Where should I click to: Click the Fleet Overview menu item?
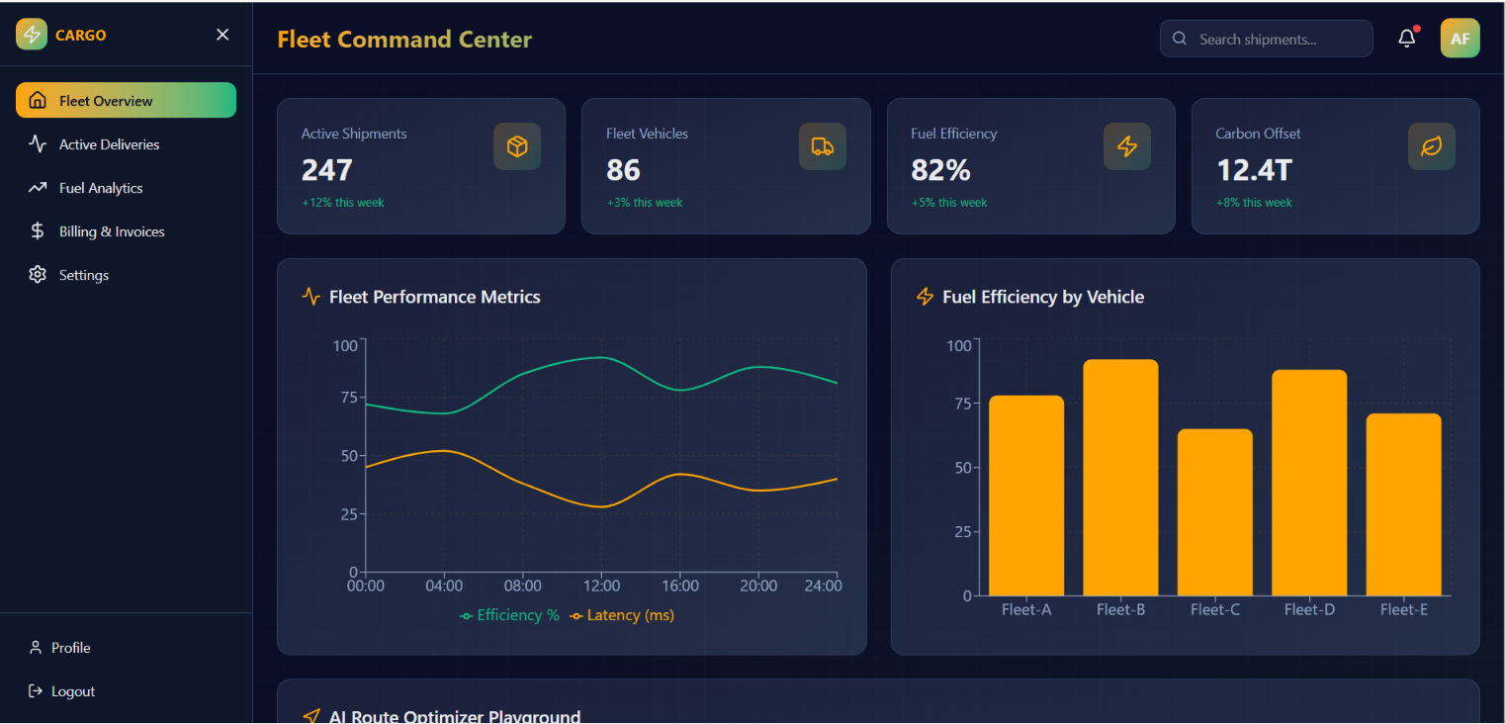[x=126, y=100]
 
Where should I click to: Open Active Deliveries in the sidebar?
[x=109, y=144]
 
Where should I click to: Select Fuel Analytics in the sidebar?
[x=101, y=188]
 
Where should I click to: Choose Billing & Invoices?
[x=112, y=231]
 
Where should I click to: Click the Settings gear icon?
[x=38, y=274]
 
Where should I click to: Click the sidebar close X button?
[x=222, y=35]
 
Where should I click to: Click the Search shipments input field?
[x=1266, y=39]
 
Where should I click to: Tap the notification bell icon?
[x=1407, y=39]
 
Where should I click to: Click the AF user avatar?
[x=1460, y=39]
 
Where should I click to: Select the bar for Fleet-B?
[x=1120, y=478]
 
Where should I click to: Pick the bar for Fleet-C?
[x=1214, y=512]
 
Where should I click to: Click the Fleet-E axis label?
[x=1403, y=609]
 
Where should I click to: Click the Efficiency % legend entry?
[x=509, y=615]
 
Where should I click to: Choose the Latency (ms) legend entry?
[x=622, y=615]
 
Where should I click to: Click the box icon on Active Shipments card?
[x=517, y=145]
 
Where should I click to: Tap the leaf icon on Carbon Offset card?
[x=1431, y=145]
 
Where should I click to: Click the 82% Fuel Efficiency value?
[x=940, y=170]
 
